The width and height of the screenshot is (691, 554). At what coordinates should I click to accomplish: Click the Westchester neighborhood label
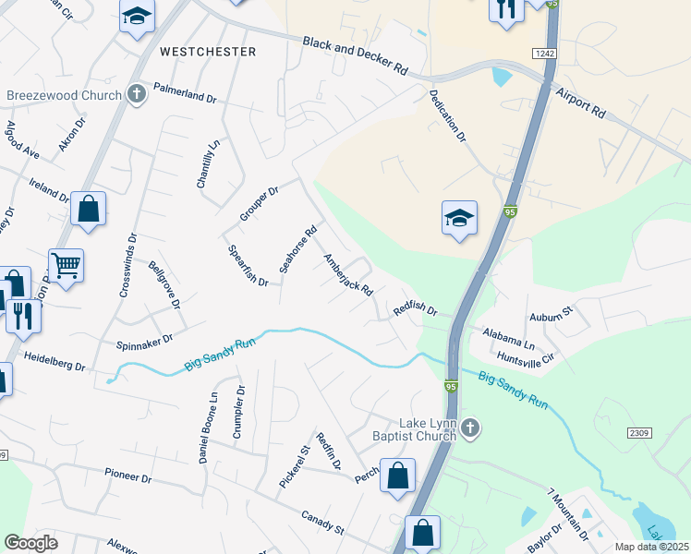(208, 52)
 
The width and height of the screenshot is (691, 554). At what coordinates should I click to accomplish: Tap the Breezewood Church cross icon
(137, 93)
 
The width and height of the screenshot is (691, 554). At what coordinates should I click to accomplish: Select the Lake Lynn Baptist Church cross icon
(470, 428)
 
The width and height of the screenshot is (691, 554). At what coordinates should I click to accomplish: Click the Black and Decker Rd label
(356, 55)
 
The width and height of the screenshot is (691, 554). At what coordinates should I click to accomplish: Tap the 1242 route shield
(544, 54)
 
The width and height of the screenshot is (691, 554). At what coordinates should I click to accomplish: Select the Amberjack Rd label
(347, 275)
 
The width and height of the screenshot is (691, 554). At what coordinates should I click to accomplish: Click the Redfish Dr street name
(415, 309)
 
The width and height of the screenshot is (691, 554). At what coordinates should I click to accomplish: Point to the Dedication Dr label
(447, 116)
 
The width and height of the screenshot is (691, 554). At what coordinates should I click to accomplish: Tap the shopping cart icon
(66, 266)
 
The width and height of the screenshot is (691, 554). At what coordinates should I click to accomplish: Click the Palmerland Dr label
(185, 95)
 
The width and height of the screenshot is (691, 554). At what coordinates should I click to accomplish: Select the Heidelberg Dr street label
(55, 361)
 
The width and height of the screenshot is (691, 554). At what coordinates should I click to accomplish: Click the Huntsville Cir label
(525, 356)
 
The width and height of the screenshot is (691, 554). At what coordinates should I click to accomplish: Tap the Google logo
(30, 543)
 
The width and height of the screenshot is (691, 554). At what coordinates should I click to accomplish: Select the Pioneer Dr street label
(127, 475)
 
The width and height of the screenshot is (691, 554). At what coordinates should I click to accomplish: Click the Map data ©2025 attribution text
(651, 547)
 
